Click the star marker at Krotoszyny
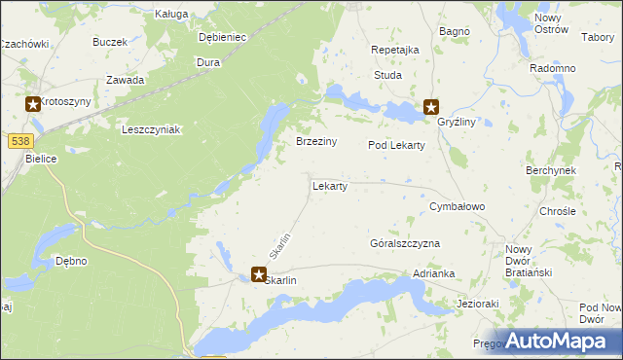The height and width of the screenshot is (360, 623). click(33, 104)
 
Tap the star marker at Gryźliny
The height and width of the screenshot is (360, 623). click(431, 108)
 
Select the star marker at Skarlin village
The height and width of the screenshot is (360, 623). click(259, 275)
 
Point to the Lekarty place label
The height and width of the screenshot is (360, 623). click(329, 186)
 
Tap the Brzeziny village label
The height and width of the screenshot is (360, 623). click(316, 142)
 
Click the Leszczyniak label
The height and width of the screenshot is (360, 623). click(151, 129)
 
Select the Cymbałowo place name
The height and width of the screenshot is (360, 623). click(458, 208)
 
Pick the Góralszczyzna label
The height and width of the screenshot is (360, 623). click(405, 243)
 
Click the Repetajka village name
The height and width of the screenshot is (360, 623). click(395, 50)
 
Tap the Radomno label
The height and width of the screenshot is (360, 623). click(552, 69)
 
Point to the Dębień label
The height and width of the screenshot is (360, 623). click(222, 38)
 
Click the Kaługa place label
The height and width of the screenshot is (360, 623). click(171, 15)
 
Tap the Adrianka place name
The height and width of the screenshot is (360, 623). click(434, 275)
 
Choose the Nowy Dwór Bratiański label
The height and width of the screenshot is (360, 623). click(529, 261)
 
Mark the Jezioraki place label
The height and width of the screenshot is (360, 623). click(478, 304)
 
